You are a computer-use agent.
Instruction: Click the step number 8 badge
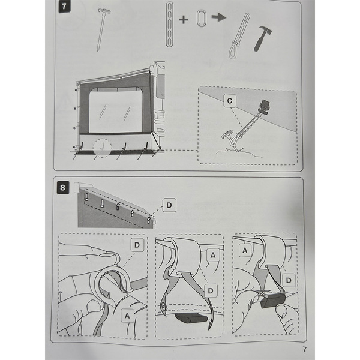(63, 187)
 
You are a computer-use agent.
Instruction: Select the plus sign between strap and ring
(184, 19)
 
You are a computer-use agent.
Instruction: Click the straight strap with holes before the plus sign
(169, 19)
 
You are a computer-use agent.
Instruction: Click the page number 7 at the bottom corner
(304, 350)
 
